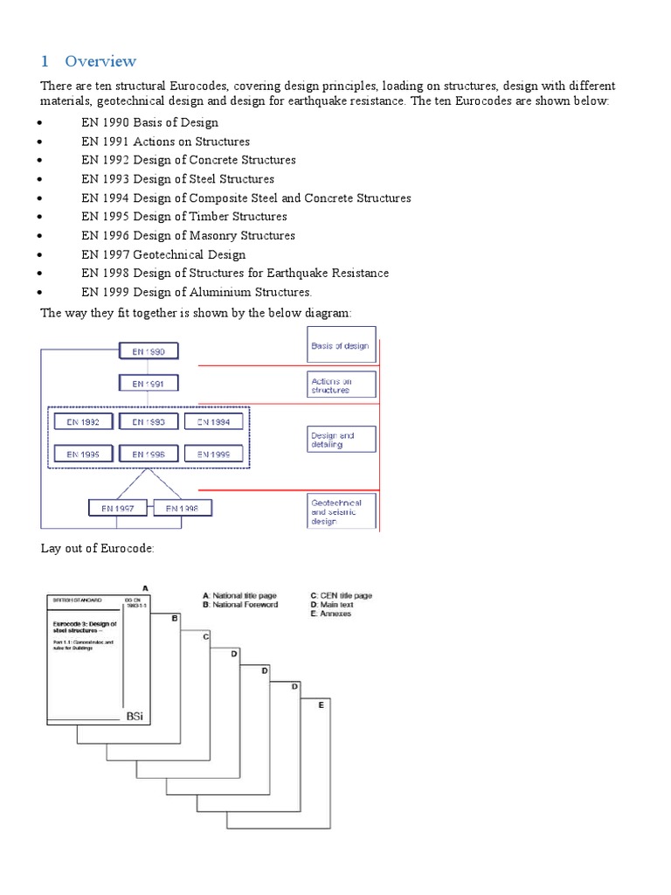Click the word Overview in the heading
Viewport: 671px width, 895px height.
(x=100, y=61)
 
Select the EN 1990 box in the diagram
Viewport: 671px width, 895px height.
(x=149, y=352)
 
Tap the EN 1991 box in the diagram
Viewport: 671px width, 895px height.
(x=149, y=384)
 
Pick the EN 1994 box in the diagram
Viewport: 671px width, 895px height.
(x=213, y=422)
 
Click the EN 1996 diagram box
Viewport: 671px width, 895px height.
(x=149, y=454)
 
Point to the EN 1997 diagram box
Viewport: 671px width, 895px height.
(x=117, y=508)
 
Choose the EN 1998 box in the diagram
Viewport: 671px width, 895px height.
(x=182, y=508)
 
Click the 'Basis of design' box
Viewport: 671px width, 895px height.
(x=341, y=345)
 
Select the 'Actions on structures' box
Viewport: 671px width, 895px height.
(x=341, y=385)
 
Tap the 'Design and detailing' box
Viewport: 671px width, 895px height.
(x=341, y=439)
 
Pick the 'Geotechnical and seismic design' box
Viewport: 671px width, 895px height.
(x=341, y=512)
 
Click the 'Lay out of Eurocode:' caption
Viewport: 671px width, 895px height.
(x=98, y=548)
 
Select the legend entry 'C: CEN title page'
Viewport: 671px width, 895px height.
(x=342, y=595)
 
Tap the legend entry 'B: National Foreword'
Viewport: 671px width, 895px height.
(x=239, y=605)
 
